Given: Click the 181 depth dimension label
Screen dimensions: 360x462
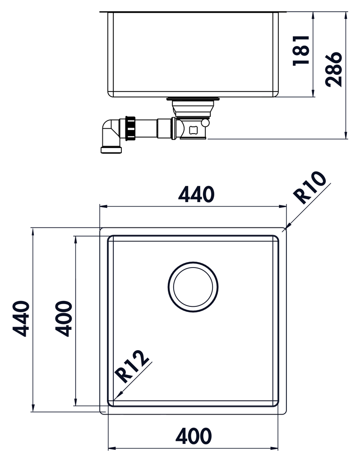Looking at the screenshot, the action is (x=301, y=50).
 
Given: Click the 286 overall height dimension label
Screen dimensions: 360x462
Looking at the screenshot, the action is (x=333, y=69).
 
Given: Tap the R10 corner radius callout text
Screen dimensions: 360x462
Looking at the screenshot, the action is (x=309, y=187).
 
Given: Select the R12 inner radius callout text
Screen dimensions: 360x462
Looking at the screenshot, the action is (x=132, y=366).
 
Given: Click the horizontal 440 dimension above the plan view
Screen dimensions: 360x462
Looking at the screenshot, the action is (x=196, y=194).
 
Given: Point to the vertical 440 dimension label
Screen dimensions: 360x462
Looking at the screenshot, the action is (x=21, y=319).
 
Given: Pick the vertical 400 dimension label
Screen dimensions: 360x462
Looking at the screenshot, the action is (x=64, y=319).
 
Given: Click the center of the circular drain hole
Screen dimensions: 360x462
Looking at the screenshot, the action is (x=193, y=287).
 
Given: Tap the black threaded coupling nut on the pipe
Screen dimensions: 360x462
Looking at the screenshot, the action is (x=130, y=128).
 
